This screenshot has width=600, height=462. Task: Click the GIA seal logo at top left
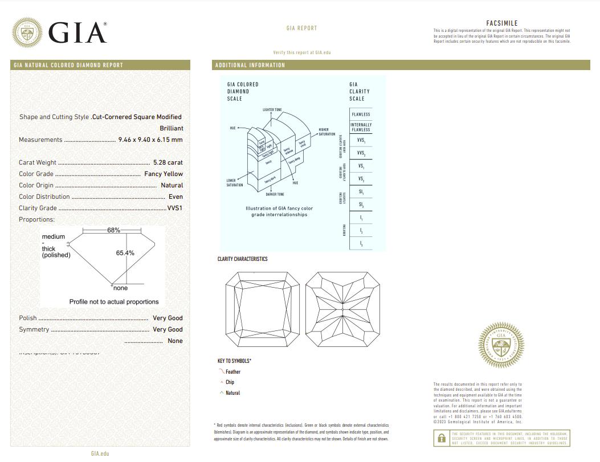pos(27,32)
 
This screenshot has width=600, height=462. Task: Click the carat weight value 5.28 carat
pos(168,162)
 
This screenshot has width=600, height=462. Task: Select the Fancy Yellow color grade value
pos(164,174)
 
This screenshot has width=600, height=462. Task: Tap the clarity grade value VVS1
pos(174,208)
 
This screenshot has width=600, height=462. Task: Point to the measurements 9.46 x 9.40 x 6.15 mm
pos(150,140)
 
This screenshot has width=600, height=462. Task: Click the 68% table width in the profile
pos(113,230)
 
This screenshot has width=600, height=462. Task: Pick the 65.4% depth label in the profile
pos(125,253)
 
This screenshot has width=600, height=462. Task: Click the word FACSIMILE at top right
pos(501,23)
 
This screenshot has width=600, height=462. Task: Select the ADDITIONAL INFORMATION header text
pos(250,65)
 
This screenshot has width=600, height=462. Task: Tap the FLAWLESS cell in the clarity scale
pos(361,115)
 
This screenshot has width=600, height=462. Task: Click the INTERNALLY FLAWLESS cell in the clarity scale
pos(361,127)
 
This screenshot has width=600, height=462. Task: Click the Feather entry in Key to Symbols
pos(232,371)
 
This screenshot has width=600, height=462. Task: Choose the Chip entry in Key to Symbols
pos(230,382)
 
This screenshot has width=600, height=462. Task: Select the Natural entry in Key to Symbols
pos(232,393)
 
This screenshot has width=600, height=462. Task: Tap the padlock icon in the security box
pos(441,439)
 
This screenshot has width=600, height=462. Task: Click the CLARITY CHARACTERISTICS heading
pos(242,259)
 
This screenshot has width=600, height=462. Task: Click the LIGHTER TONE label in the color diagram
pos(272,109)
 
